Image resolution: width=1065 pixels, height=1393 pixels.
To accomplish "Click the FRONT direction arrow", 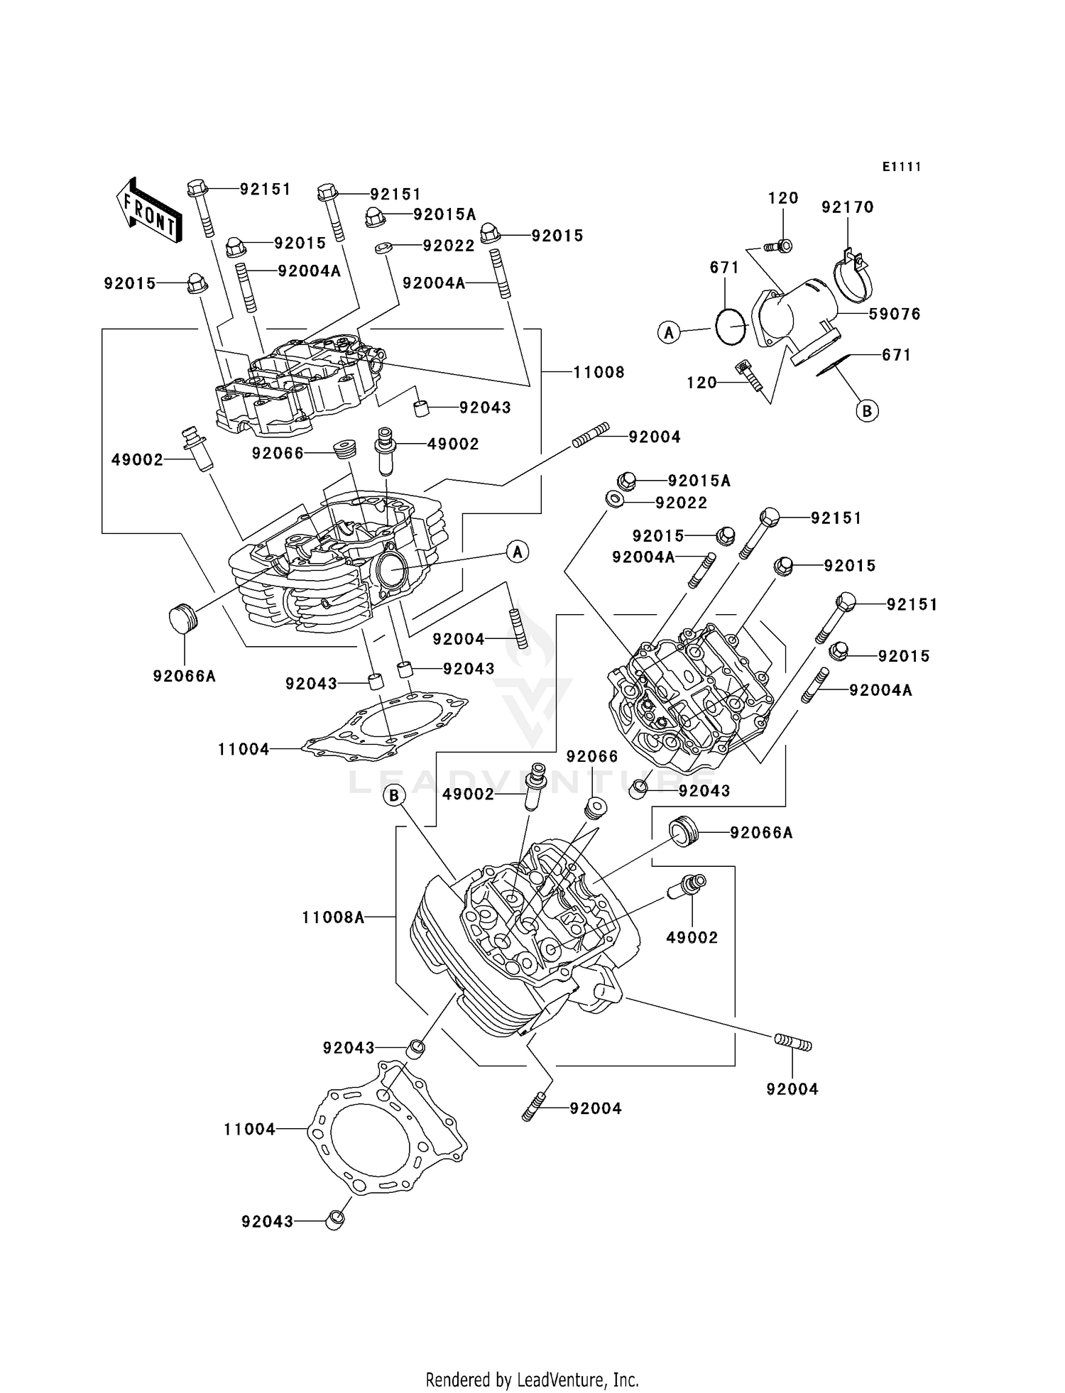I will click(x=148, y=211).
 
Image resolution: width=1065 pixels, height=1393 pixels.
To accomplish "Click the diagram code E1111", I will click(x=902, y=167).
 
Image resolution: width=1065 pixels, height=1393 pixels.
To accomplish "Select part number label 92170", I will click(x=847, y=207).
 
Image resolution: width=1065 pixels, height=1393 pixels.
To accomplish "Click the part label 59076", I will click(x=895, y=314).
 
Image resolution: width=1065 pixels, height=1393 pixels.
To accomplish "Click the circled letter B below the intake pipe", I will click(x=867, y=410).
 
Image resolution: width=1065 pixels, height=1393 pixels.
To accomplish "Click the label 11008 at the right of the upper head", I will click(x=599, y=372).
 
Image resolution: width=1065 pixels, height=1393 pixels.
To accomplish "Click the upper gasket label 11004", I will click(x=244, y=748).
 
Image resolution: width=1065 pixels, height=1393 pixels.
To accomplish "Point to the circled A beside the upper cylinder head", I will click(x=518, y=551).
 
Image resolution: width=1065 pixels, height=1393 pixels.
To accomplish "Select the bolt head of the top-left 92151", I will click(x=197, y=189).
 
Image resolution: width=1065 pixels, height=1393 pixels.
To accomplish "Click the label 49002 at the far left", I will click(x=137, y=460).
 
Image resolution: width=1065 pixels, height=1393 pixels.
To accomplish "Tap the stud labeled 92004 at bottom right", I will click(x=792, y=1043).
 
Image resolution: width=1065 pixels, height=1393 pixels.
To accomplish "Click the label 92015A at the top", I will click(x=444, y=214).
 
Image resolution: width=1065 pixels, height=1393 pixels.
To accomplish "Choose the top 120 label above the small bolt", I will click(x=783, y=198).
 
